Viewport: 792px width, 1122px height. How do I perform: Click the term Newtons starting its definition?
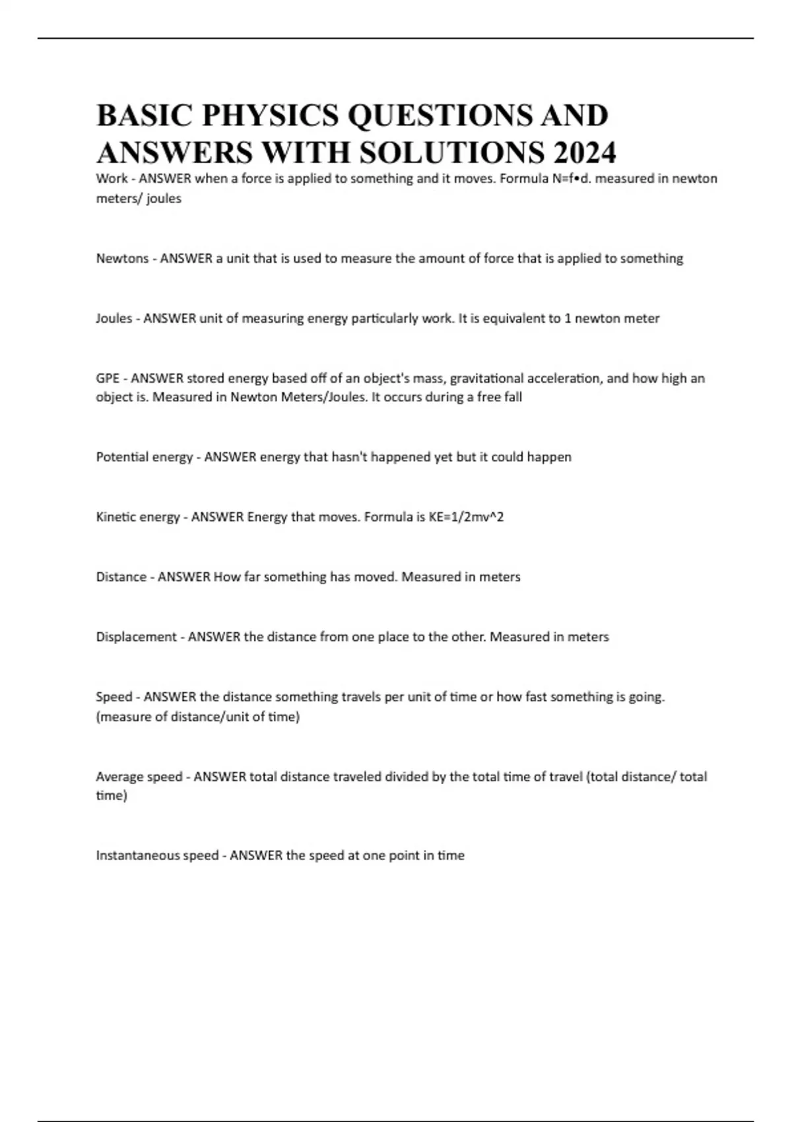pos(122,258)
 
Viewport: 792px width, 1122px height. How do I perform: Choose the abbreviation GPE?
pos(108,378)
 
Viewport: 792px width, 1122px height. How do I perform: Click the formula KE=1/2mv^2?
pos(466,517)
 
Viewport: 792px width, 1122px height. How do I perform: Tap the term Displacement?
pos(136,637)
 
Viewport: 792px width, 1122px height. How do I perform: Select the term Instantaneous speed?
pos(157,855)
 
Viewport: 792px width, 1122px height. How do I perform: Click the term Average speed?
pos(139,776)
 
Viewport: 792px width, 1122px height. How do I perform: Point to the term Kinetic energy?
pos(138,517)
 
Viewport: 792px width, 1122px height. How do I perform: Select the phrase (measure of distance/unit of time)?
pos(198,716)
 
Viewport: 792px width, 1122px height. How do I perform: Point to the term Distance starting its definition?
pos(121,577)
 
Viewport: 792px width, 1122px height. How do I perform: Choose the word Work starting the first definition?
pos(112,178)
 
